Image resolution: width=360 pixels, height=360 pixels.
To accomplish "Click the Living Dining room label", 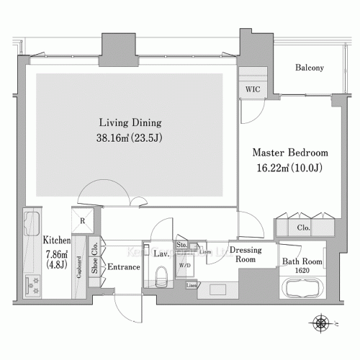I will pyautogui.click(x=130, y=122).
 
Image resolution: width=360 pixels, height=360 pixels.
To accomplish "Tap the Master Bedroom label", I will pyautogui.click(x=289, y=153).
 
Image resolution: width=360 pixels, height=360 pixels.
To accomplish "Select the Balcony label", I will pyautogui.click(x=310, y=68).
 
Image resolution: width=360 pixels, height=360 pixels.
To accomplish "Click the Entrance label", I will pyautogui.click(x=123, y=267).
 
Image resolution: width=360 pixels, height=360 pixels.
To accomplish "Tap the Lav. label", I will pyautogui.click(x=162, y=253).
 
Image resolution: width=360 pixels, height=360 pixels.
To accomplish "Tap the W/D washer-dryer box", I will pyautogui.click(x=185, y=266).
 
